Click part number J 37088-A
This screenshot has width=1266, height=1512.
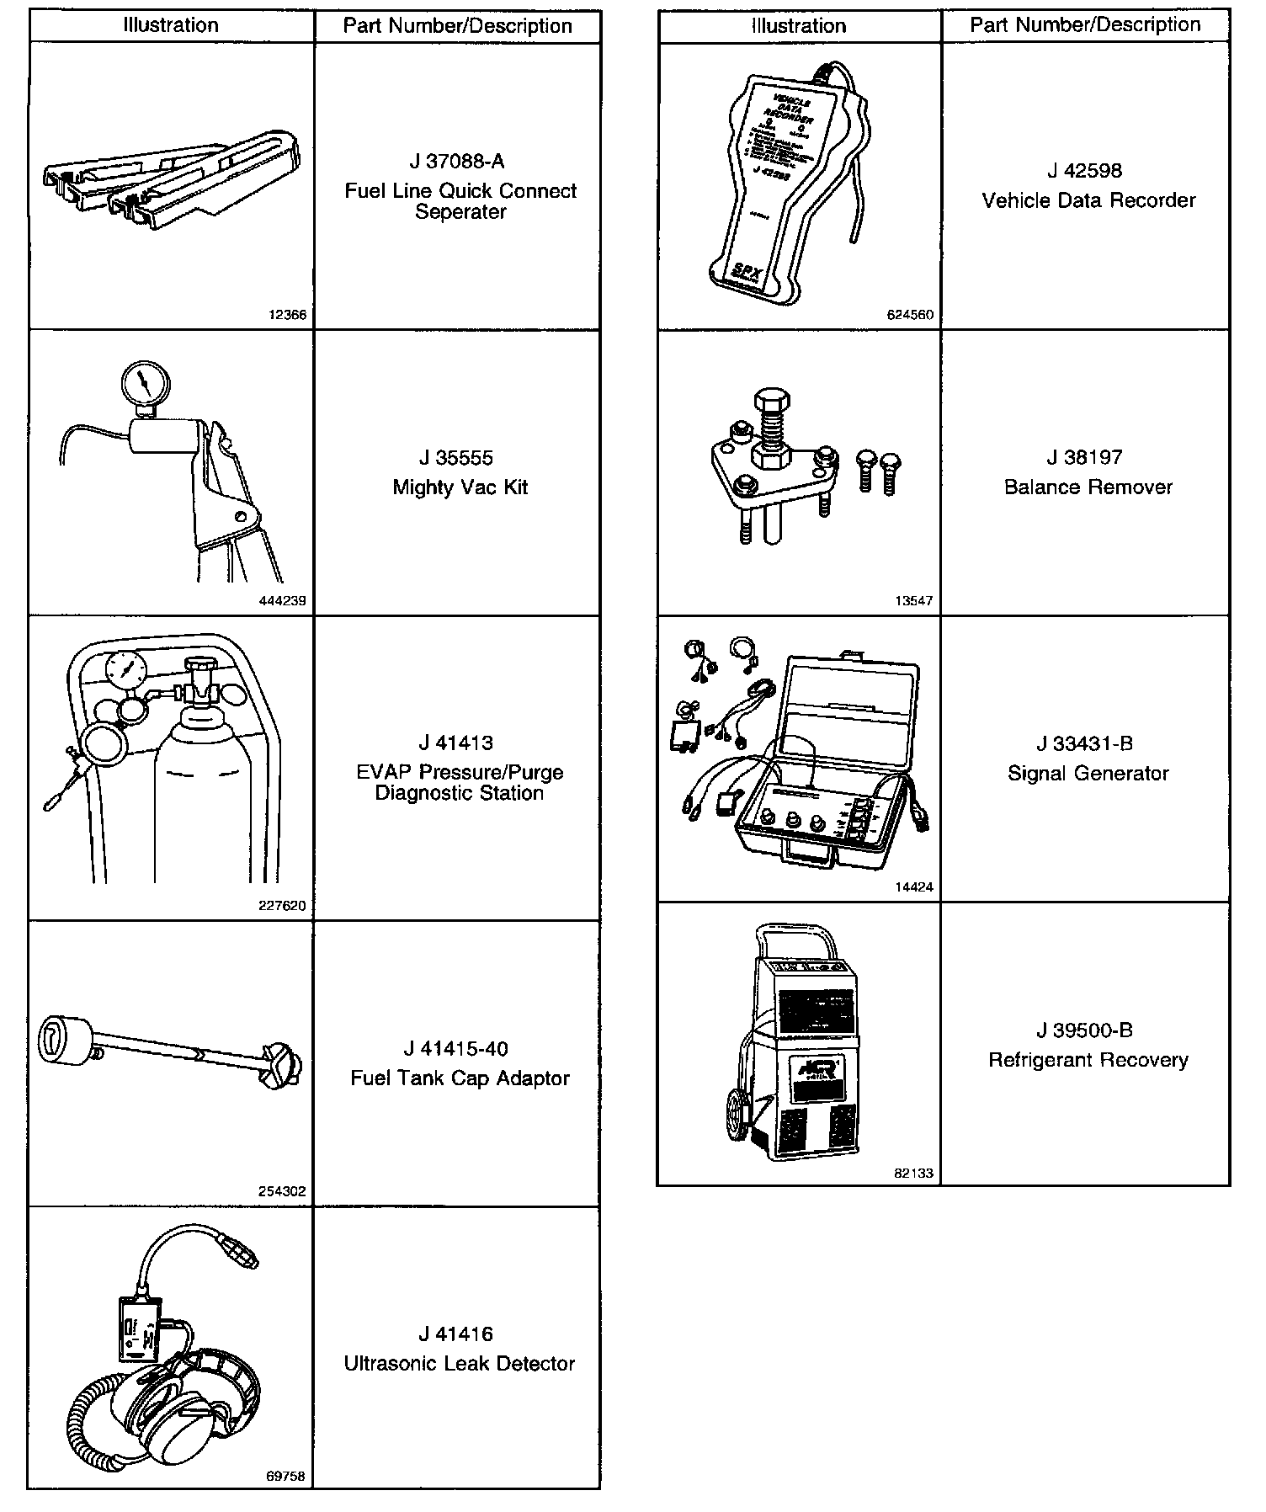(460, 162)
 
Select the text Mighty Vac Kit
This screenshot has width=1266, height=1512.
(460, 487)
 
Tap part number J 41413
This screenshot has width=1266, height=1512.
(460, 743)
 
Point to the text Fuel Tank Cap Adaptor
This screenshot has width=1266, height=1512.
(460, 1078)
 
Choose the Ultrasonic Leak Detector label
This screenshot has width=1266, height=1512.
(460, 1363)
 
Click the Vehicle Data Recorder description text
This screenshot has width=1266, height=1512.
(1088, 200)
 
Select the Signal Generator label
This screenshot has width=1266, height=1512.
(1088, 774)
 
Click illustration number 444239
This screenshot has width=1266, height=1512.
(283, 602)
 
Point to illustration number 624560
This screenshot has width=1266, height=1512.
(910, 316)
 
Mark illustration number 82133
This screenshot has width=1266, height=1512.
(914, 1174)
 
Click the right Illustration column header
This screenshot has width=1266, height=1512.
(799, 26)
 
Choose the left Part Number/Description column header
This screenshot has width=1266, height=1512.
(457, 26)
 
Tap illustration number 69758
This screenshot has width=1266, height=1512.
(285, 1477)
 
